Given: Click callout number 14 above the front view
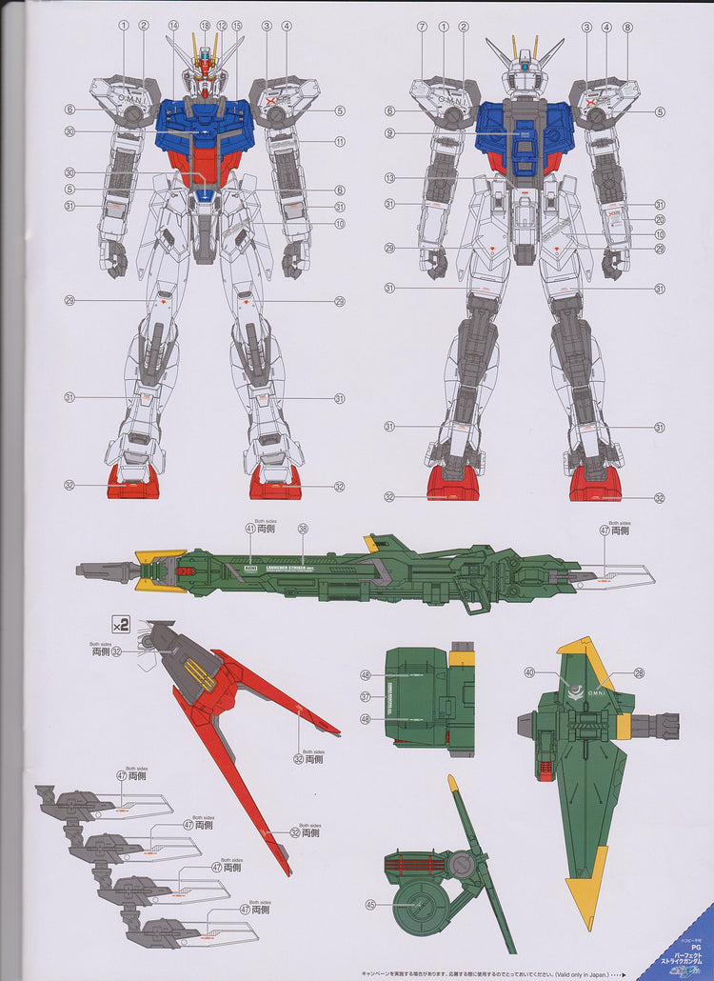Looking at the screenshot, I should [x=173, y=26].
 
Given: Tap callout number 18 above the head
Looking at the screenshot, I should [x=206, y=26].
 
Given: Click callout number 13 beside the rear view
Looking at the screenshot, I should [x=389, y=177].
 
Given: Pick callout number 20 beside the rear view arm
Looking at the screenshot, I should [x=659, y=219].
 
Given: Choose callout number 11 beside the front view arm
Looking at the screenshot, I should [x=340, y=142].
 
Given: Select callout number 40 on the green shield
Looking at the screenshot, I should [x=529, y=672].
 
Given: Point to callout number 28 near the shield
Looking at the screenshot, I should [x=640, y=672].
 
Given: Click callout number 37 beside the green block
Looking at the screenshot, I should [x=365, y=696].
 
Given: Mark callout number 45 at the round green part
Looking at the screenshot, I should [x=366, y=905].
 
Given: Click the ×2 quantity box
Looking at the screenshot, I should [x=121, y=626].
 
